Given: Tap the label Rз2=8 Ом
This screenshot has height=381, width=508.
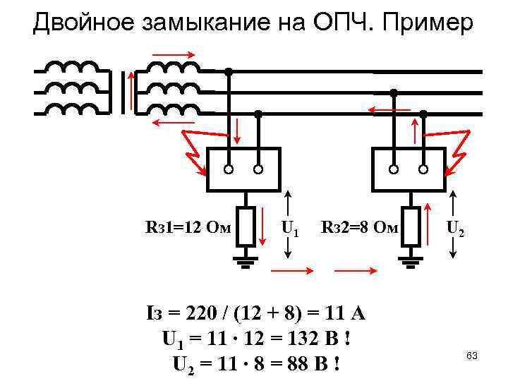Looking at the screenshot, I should (x=359, y=227).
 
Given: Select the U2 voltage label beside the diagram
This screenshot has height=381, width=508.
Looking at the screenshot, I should (x=456, y=229).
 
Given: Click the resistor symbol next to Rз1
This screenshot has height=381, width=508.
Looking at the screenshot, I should (x=246, y=226).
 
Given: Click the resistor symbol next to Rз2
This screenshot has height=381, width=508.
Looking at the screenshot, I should (x=410, y=226).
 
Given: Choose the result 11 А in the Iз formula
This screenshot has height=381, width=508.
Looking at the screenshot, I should (x=352, y=313).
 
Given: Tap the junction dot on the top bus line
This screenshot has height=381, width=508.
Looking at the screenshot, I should (x=229, y=71).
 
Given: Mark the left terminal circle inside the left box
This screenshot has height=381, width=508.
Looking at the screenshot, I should (x=229, y=169).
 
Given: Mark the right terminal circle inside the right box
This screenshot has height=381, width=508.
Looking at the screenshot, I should (x=423, y=169).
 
